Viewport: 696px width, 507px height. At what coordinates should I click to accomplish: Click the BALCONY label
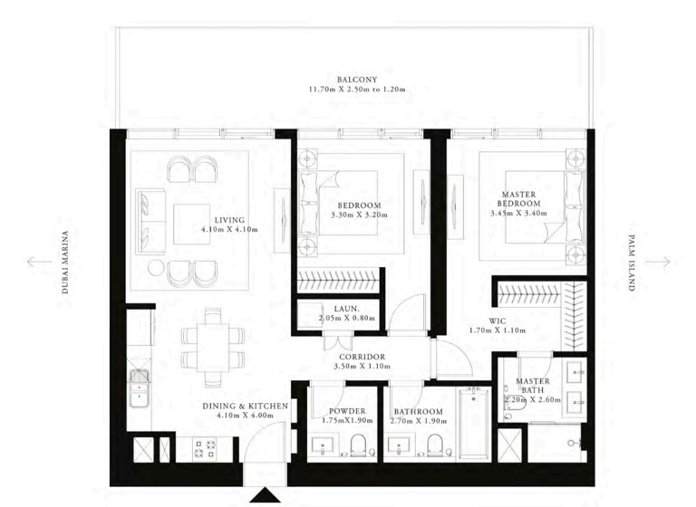(x=351, y=80)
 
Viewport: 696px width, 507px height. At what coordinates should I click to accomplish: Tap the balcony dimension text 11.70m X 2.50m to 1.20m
(x=351, y=91)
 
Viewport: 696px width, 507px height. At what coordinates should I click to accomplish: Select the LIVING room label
(x=229, y=220)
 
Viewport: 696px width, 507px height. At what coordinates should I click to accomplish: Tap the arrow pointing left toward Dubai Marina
(x=39, y=262)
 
